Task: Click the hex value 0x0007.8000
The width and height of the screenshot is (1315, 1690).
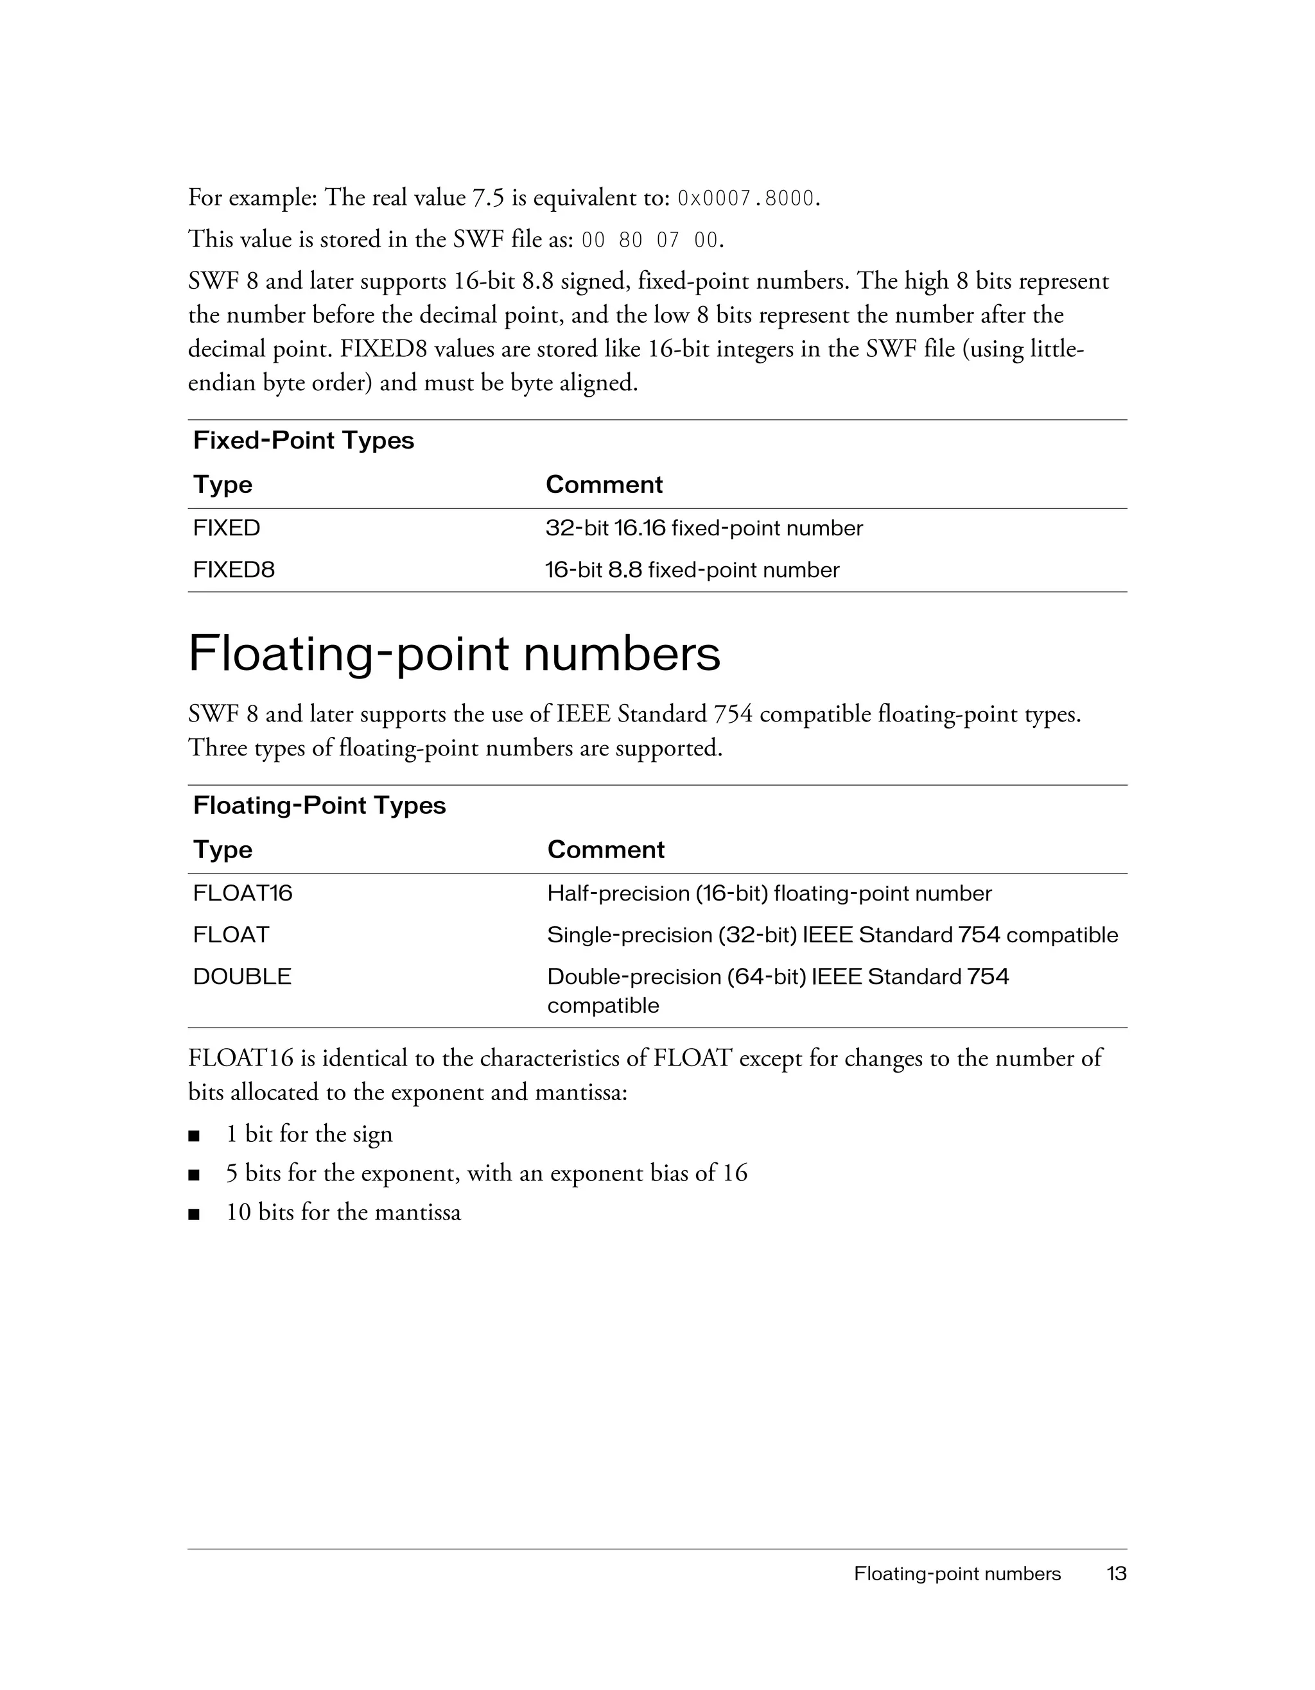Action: coord(745,200)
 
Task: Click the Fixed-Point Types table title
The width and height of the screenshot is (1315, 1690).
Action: coord(304,440)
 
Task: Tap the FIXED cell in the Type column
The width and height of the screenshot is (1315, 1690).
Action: coord(227,528)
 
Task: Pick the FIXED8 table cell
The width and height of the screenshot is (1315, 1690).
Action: coord(234,571)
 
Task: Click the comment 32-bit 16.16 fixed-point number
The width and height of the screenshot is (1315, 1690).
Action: coord(704,528)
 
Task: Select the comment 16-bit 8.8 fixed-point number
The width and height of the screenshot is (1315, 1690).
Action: coord(692,571)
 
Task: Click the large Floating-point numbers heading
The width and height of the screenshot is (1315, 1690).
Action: coord(455,654)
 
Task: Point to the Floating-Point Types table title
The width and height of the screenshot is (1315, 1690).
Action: coord(319,806)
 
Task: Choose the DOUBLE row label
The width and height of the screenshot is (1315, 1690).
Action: coord(242,976)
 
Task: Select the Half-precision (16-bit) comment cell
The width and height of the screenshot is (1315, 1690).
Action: coord(769,893)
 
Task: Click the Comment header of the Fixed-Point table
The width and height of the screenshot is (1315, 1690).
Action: coord(604,485)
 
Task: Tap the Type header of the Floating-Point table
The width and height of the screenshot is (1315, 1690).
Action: coord(223,850)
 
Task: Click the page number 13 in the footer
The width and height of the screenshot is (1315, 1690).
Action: coord(1116,1574)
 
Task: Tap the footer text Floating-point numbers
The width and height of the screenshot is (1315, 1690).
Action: coord(957,1574)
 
